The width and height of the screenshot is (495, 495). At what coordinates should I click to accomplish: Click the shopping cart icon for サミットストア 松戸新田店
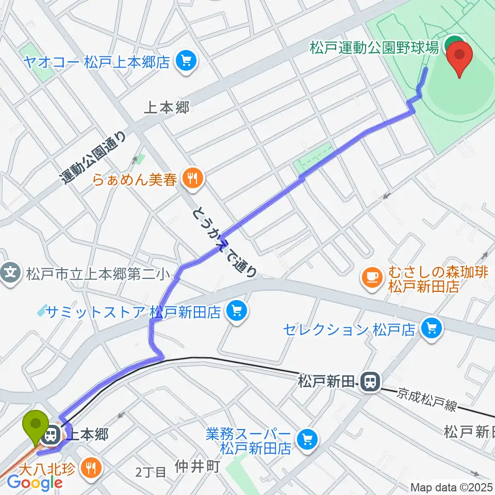coord(237,311)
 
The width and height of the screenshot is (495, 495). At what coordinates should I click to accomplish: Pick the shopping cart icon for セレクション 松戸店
coord(431,328)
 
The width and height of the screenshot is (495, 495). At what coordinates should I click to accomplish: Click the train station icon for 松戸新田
coord(369,382)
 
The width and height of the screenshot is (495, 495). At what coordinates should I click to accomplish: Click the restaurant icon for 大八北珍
coord(93,468)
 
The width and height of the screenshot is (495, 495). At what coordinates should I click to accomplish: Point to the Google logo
coord(35,483)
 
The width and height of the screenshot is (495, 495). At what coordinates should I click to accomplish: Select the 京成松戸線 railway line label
coord(426,401)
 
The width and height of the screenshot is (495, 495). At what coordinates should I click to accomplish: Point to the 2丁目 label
coord(151,471)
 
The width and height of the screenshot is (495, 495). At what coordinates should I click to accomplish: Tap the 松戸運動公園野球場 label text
coord(374,48)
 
